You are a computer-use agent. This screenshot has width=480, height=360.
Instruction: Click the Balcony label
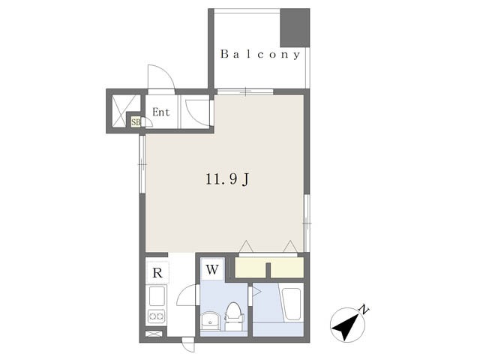[260, 55]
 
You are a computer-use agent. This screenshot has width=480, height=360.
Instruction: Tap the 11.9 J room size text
[227, 179]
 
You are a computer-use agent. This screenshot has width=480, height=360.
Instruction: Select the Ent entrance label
[161, 112]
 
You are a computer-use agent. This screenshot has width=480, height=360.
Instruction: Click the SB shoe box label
[136, 122]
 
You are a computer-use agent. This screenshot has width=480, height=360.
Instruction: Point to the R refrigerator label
[157, 272]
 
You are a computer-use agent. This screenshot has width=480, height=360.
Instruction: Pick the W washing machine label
[212, 270]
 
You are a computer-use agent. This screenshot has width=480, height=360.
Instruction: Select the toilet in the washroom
[234, 316]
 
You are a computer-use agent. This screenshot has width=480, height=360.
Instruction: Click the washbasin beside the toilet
[210, 321]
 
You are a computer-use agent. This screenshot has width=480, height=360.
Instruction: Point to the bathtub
[292, 304]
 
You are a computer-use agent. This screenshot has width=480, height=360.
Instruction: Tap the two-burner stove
[157, 316]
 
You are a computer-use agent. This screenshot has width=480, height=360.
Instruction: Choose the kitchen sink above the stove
[157, 296]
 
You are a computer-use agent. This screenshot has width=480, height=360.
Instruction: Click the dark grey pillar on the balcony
[295, 28]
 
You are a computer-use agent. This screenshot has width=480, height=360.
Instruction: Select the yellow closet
[269, 267]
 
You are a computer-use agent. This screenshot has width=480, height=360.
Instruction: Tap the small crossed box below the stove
[153, 333]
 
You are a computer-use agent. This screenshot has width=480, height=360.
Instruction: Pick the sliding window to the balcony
[245, 91]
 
